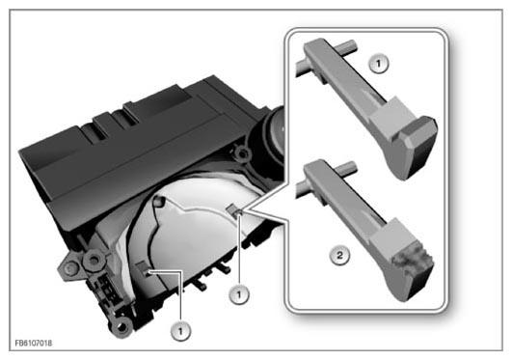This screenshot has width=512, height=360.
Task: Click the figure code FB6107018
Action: click(x=34, y=343)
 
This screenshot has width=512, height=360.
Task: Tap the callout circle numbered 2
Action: click(x=340, y=255)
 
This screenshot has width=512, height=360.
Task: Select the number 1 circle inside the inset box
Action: click(x=379, y=64)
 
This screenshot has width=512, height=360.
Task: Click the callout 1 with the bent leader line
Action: click(x=180, y=331)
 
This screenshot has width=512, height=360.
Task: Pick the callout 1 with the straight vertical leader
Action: click(x=239, y=295)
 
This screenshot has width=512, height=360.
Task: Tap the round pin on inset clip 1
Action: click(x=348, y=45)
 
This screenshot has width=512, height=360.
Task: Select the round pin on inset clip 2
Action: click(x=348, y=167)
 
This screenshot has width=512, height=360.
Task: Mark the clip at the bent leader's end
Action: click(x=144, y=268)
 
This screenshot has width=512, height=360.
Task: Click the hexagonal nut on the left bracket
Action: click(x=94, y=261)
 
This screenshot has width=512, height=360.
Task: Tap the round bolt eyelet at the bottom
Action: click(x=121, y=325)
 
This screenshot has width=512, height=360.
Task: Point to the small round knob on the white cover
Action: click(x=158, y=201)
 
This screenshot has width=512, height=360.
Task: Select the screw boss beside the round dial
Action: click(x=242, y=153)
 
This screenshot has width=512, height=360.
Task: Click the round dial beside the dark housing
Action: click(x=274, y=134)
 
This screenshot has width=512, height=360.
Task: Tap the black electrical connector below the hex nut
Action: click(x=107, y=289)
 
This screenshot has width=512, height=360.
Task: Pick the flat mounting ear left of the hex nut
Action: click(x=69, y=268)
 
